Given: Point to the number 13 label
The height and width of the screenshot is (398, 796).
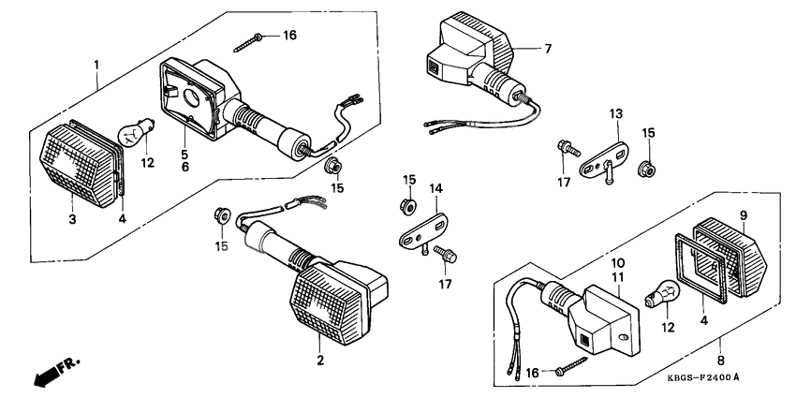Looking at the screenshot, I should [615, 114].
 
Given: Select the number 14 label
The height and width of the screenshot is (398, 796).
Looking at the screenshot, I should [434, 188].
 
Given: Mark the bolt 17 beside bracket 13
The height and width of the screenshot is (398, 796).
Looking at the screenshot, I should [565, 148].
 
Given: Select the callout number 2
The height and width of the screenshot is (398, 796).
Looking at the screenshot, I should [320, 360].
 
